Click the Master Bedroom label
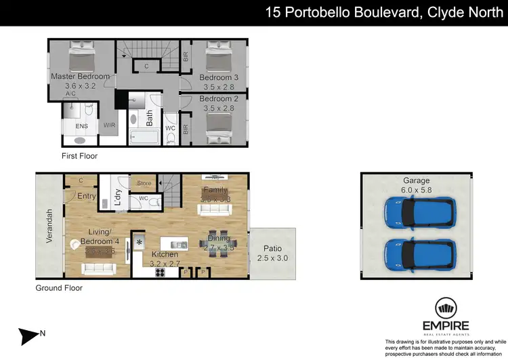80,77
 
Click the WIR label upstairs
109,125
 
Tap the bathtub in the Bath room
143,138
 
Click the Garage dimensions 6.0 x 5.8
417,191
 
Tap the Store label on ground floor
144,182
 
